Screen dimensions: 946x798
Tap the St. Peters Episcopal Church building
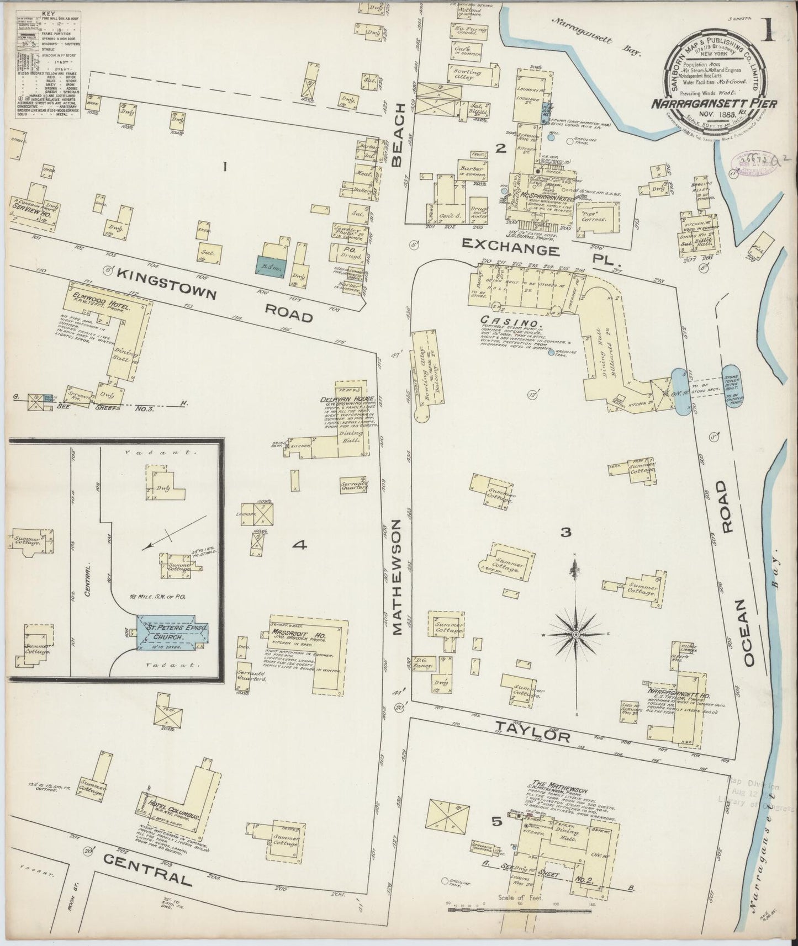[173, 633]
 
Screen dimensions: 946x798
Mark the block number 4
[299, 545]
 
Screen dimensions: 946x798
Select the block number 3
[565, 533]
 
